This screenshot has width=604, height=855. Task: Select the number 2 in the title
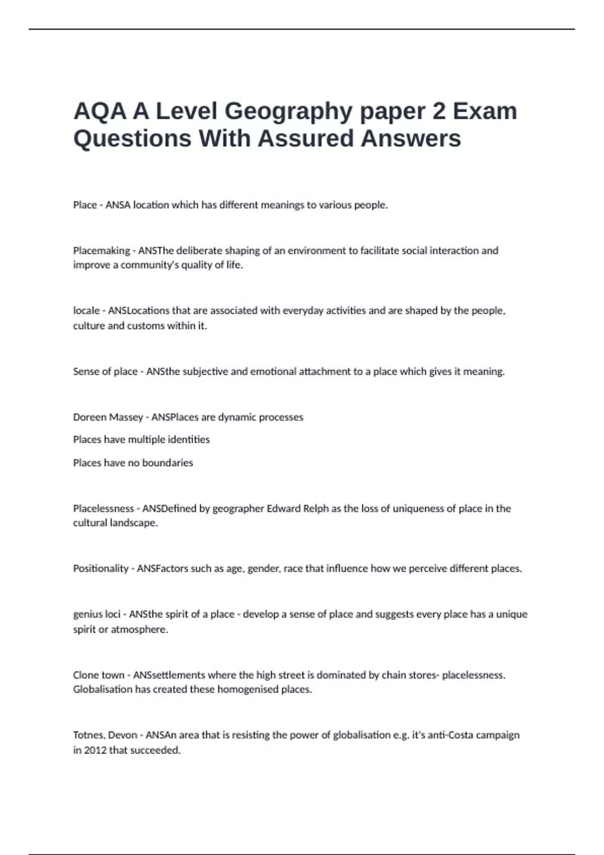(x=439, y=112)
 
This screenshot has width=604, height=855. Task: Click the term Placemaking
(x=101, y=250)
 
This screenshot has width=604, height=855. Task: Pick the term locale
(x=86, y=311)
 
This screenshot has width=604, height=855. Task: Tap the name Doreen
(x=89, y=417)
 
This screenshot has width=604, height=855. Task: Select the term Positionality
(x=101, y=569)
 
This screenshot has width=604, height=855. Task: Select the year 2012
(x=95, y=750)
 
